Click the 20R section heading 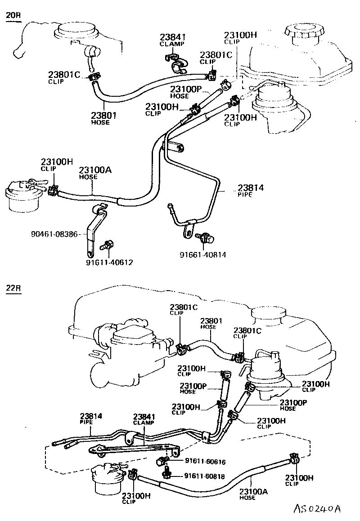(x=13, y=16)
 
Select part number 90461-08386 (x=55, y=234)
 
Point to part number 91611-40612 (x=109, y=262)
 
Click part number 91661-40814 (x=203, y=255)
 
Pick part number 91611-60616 (x=205, y=462)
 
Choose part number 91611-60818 (x=205, y=476)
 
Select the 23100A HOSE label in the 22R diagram (x=253, y=494)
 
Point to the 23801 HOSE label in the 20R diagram (x=104, y=118)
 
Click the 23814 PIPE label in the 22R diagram (x=91, y=419)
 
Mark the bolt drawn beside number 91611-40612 (x=108, y=245)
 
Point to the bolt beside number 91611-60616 (x=162, y=461)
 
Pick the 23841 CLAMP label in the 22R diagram (x=144, y=419)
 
